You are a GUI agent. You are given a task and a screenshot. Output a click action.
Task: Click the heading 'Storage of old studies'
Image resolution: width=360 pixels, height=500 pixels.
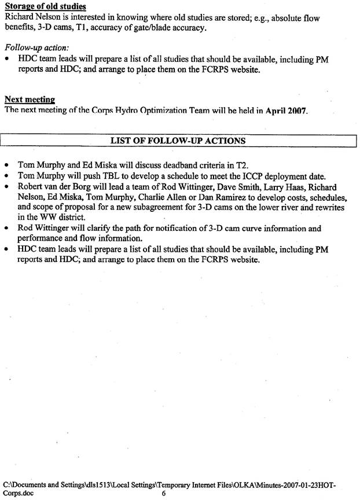pyautogui.click(x=45, y=7)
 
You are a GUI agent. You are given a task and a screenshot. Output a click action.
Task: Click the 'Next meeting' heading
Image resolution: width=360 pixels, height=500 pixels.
pyautogui.click(x=30, y=100)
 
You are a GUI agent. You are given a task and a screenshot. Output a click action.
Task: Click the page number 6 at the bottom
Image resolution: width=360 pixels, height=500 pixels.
pyautogui.click(x=164, y=494)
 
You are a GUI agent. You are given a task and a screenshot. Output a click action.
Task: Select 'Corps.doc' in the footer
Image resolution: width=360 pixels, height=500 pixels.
pyautogui.click(x=19, y=494)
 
